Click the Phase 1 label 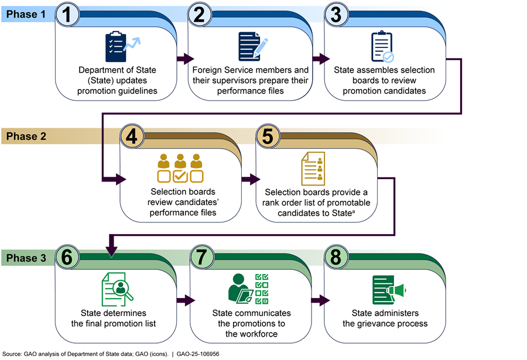[x=23, y=13]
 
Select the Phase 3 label [x=23, y=257]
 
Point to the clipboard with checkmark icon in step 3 [x=382, y=47]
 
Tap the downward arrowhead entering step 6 [x=111, y=250]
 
